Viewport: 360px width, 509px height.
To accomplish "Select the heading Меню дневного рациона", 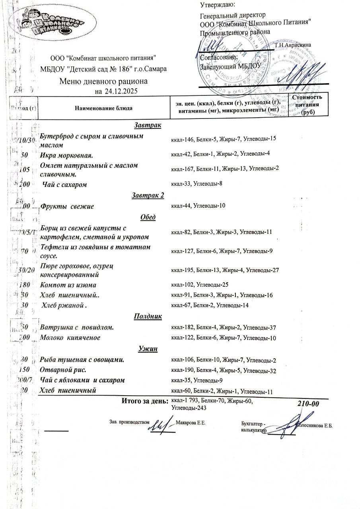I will click(x=103, y=82).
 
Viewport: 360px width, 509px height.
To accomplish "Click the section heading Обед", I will click(x=148, y=217).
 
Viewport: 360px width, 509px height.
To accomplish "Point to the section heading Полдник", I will click(x=148, y=316).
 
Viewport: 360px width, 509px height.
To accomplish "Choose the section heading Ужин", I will click(x=148, y=349).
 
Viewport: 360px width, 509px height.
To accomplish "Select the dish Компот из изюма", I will click(x=68, y=285).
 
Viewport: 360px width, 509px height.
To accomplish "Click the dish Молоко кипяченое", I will click(x=70, y=338).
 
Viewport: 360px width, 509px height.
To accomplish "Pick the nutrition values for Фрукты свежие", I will click(x=198, y=206).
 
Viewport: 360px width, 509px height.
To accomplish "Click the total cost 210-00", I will click(x=309, y=404).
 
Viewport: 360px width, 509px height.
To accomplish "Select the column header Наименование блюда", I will click(x=102, y=108).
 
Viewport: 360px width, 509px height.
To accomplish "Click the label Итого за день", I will click(x=145, y=401).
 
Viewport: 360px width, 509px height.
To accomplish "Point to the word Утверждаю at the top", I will click(x=217, y=5).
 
